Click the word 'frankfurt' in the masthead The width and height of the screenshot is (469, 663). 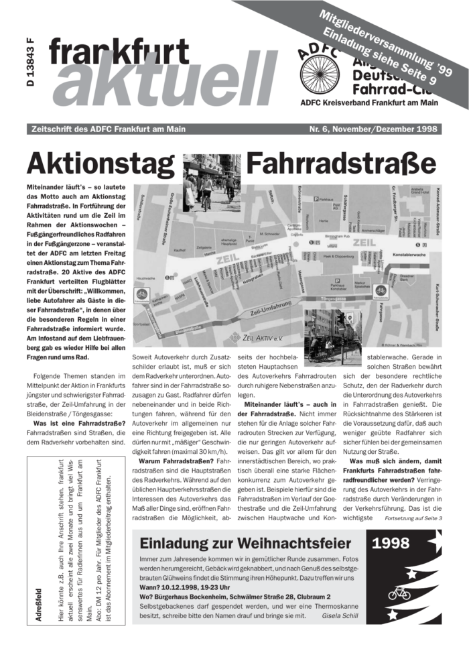(x=119, y=52)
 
